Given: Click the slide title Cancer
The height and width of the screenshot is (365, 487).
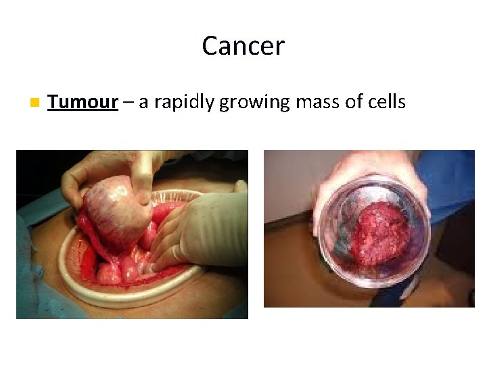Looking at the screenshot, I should click(x=243, y=46).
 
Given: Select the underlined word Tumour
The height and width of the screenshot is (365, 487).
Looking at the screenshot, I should click(x=83, y=102).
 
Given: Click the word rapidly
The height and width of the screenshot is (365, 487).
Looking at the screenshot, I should click(x=185, y=103).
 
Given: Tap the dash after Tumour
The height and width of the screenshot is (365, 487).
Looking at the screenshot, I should click(x=129, y=103).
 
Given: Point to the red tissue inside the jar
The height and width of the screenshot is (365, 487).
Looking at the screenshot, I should click(x=382, y=233).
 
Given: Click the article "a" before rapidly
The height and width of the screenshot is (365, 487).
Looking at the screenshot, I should click(x=144, y=103).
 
